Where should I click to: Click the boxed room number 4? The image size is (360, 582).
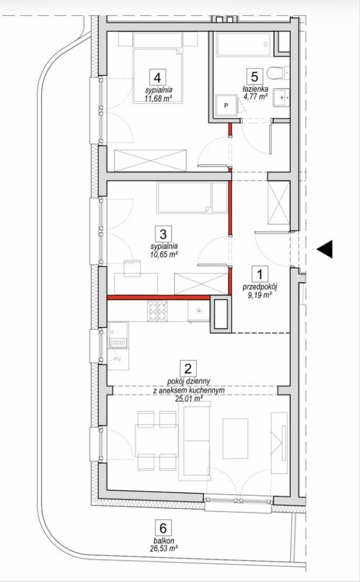158,78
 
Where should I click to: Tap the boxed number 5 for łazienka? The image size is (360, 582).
254,76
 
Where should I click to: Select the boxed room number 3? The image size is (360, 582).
163,234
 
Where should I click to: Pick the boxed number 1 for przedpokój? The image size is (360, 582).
260,275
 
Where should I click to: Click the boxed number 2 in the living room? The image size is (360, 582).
188,369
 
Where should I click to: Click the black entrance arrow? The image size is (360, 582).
325,249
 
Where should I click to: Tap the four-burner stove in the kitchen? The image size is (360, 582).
158,311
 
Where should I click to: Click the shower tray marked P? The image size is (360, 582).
226,105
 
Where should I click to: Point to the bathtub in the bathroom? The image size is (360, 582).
244,45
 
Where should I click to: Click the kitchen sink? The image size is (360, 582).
119,335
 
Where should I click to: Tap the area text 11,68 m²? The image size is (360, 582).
158,98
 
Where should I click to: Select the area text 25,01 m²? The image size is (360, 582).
188,399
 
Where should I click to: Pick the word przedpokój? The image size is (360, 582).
260,287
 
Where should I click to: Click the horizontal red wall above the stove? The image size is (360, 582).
159,297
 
